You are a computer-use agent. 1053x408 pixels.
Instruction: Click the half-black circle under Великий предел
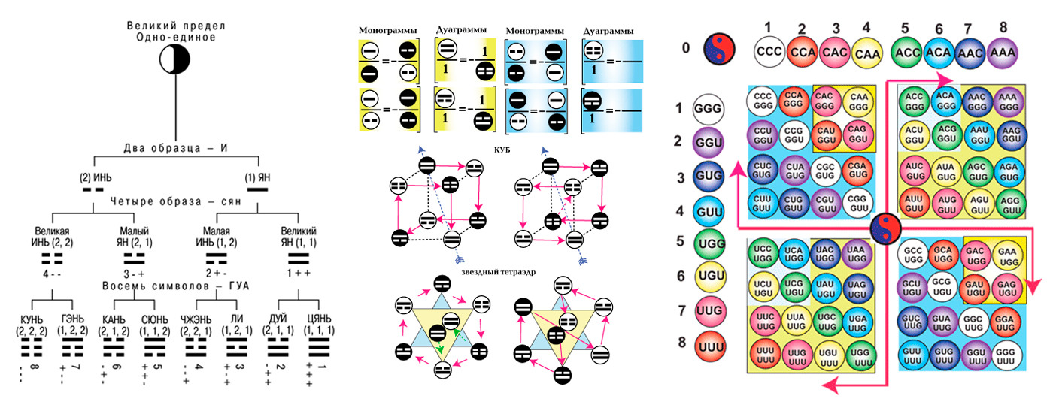click(x=175, y=59)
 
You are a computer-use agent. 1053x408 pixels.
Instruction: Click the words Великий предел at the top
click(x=175, y=26)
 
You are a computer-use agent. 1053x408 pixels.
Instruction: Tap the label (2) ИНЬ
click(x=94, y=178)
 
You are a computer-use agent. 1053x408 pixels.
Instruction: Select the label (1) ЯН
click(x=258, y=178)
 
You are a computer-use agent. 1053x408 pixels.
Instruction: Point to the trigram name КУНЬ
click(x=32, y=319)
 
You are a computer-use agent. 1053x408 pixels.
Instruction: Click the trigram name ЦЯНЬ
click(x=319, y=319)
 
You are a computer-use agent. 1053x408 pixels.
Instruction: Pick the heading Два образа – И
click(x=176, y=147)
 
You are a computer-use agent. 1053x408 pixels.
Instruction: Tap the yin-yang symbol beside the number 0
click(x=719, y=51)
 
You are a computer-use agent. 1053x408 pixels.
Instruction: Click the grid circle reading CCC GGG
click(x=763, y=102)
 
